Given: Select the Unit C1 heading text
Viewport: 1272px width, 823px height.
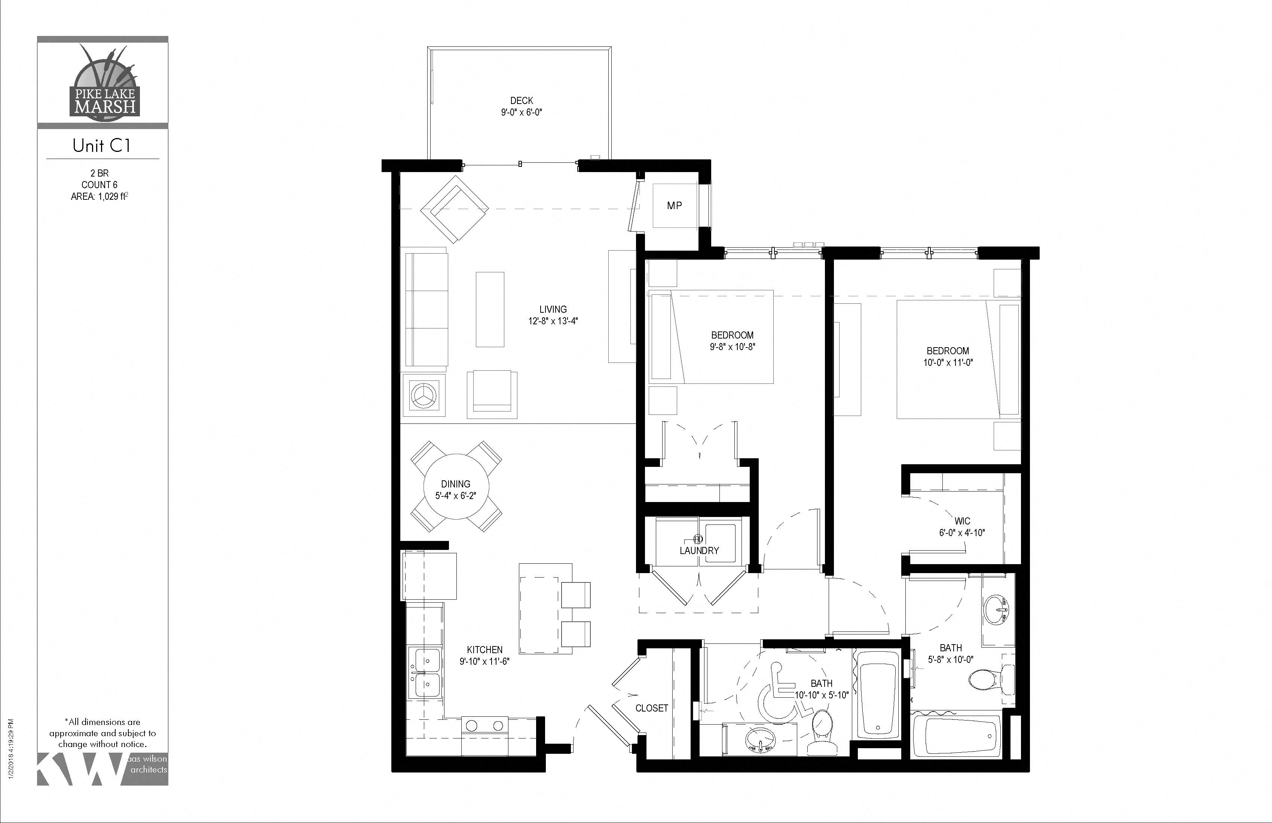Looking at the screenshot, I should coord(101,146).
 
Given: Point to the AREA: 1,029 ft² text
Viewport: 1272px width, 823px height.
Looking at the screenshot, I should coord(100,197).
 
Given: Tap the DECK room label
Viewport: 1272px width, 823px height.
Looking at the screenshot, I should coord(521,101).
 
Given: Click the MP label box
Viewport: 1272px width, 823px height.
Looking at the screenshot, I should coord(674,206).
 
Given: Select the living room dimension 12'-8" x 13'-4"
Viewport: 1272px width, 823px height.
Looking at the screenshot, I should coord(553,321).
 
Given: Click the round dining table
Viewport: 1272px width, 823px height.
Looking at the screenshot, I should coord(456,486).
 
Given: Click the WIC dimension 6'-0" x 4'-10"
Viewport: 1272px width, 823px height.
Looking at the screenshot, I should coord(962,532).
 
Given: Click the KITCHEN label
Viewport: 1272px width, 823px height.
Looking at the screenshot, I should coord(484,650).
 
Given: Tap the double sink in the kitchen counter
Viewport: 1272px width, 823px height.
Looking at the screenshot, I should coord(425,672).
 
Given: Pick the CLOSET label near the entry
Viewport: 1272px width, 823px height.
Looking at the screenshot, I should coord(651,708).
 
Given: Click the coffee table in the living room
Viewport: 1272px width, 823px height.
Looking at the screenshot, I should coord(490,309).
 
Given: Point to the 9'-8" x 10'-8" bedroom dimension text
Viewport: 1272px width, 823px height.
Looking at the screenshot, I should coord(732,347).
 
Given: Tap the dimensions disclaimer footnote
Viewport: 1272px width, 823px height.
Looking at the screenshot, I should coord(103,733).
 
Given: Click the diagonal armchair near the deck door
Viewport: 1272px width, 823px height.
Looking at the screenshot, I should coord(454,209).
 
